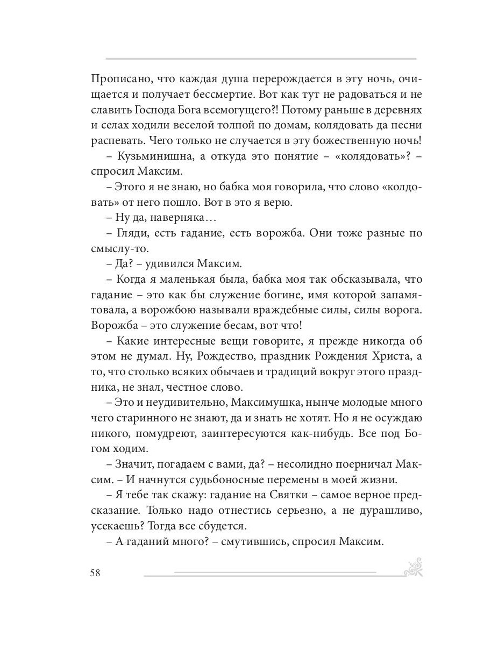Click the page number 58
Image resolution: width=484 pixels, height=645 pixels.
[x=95, y=572]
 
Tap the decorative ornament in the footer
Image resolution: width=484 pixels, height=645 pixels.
[x=412, y=568]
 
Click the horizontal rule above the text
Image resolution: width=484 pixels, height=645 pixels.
[x=261, y=58]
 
